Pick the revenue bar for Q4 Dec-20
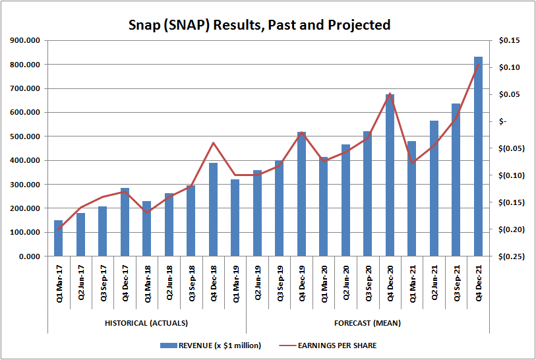click(x=390, y=175)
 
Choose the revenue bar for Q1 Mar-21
click(x=412, y=198)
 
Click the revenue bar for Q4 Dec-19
click(x=301, y=194)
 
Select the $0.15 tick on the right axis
click(x=510, y=41)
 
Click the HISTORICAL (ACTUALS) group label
click(x=146, y=323)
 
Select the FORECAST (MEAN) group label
click(x=368, y=323)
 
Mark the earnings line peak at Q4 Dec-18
click(x=213, y=142)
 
